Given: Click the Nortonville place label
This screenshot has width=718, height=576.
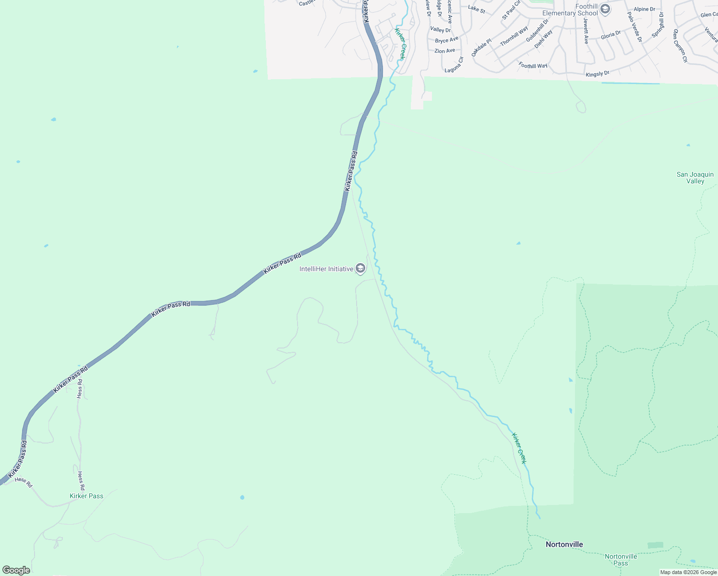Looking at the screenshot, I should [564, 544].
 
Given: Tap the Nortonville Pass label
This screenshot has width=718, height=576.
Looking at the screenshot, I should [621, 560].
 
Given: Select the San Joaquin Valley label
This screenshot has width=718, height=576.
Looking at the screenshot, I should [695, 178].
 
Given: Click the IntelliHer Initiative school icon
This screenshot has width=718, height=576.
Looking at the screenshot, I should [360, 269].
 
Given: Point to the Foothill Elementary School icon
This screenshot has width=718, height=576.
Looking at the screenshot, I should [605, 9].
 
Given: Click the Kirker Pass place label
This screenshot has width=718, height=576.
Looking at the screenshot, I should [86, 496].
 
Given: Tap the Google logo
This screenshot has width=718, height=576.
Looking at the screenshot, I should [16, 570].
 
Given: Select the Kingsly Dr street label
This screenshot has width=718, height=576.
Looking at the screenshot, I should [597, 74].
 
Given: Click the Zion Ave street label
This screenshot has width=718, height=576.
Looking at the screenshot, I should [444, 50].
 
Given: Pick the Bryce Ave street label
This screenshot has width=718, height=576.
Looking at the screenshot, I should [446, 40].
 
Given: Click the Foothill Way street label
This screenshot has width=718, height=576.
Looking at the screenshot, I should [533, 65].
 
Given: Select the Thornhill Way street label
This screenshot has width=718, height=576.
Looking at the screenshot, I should [514, 36].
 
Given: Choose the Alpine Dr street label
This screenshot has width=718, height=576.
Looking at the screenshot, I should [644, 9].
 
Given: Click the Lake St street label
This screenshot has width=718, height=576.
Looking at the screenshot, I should [477, 9].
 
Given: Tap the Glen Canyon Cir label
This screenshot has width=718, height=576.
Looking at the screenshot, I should [680, 46].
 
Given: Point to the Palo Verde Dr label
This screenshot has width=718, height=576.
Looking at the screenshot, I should [634, 27].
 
